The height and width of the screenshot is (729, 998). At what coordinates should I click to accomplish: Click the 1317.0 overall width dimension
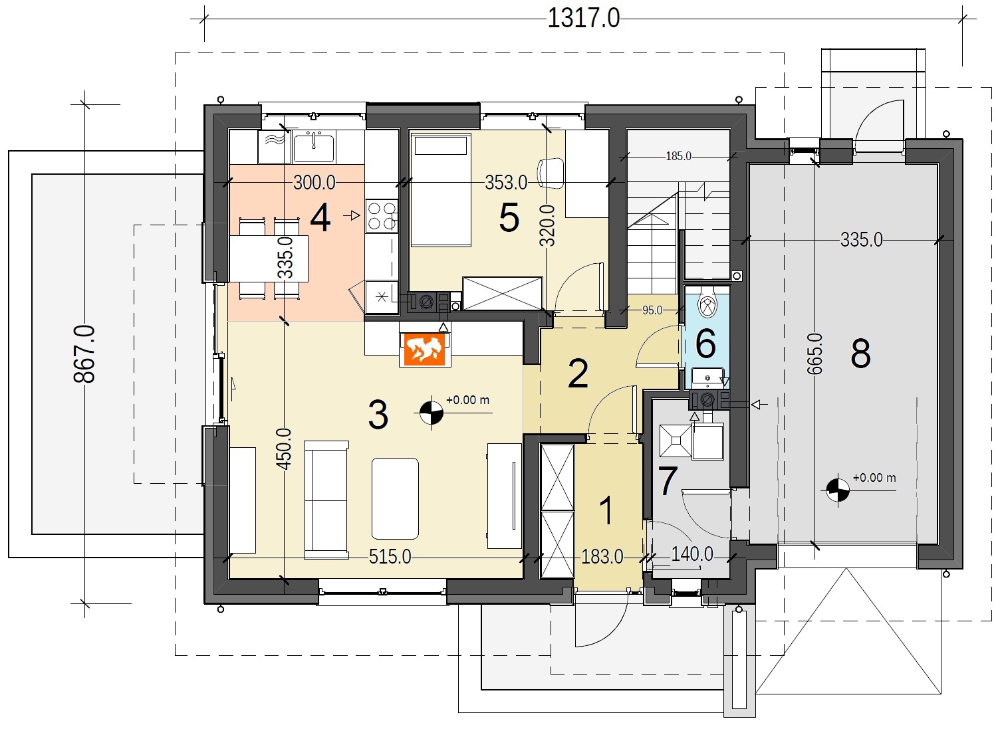[583, 19]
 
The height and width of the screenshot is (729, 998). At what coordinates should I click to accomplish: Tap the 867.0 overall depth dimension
[84, 354]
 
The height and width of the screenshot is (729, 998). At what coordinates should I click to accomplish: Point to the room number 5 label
[509, 218]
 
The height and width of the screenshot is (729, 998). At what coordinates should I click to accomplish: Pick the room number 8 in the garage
[860, 353]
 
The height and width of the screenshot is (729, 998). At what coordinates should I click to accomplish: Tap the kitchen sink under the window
[314, 146]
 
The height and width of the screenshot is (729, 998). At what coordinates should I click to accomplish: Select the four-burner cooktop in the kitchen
[382, 215]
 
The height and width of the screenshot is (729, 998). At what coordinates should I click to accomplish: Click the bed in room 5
[441, 189]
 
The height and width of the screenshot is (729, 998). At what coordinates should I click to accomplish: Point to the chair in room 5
[551, 173]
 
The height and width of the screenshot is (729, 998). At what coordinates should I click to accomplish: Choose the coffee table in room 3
[395, 498]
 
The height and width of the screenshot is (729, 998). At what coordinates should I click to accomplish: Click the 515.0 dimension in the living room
[390, 557]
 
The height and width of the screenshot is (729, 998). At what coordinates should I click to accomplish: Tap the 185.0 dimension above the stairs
[678, 156]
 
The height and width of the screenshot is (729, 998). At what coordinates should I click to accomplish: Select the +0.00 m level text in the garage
[874, 477]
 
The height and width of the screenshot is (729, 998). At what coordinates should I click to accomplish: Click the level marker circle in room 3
[431, 413]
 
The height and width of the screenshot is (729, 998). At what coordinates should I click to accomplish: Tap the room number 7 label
[668, 481]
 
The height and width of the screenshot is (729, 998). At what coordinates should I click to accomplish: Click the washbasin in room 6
[707, 377]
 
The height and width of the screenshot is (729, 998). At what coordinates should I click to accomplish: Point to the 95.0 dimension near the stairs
[652, 310]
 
